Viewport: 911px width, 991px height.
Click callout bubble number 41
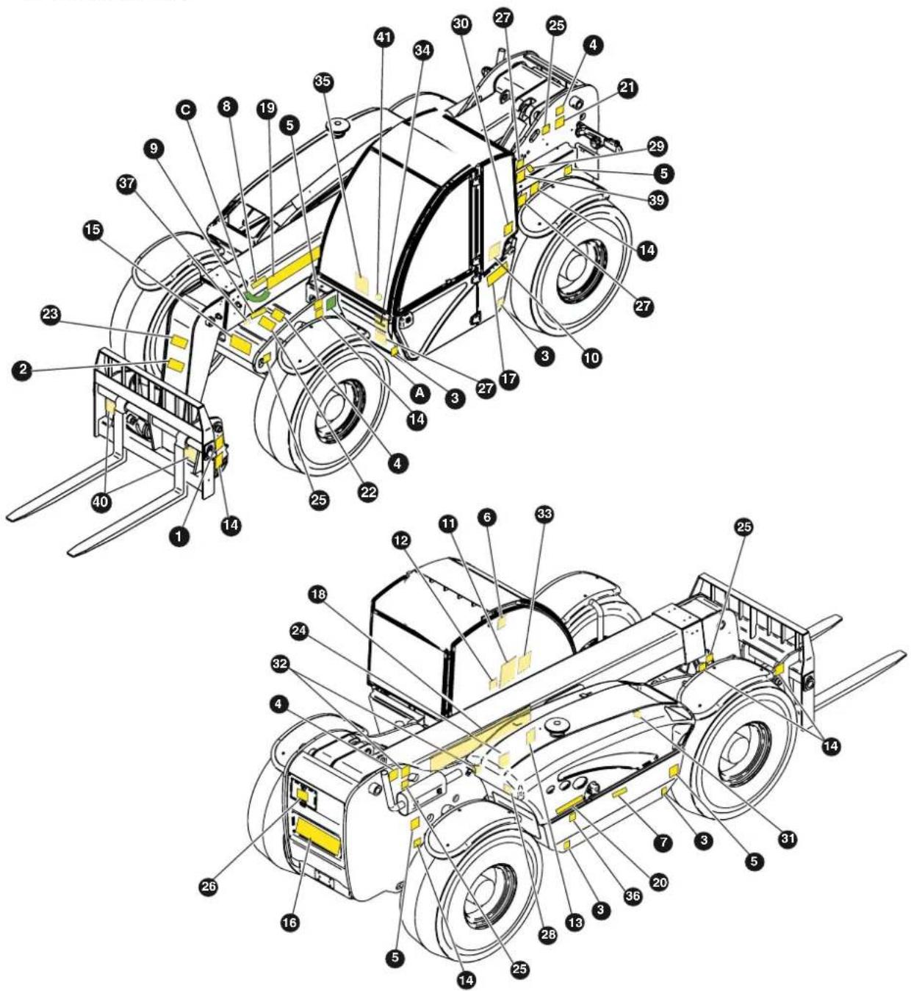[384, 37]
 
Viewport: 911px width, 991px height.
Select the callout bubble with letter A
[420, 393]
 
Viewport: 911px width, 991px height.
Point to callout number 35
[323, 81]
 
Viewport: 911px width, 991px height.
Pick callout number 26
[208, 887]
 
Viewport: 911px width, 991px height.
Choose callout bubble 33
[544, 515]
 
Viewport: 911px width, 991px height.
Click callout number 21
[627, 89]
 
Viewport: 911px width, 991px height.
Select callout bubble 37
[126, 184]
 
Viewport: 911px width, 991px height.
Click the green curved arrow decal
[256, 296]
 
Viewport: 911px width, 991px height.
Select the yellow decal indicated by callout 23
[179, 341]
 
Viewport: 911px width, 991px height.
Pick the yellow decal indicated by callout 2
[176, 365]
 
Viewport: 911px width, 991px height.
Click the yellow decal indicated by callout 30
[508, 228]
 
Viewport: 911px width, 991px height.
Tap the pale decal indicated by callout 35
[362, 283]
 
